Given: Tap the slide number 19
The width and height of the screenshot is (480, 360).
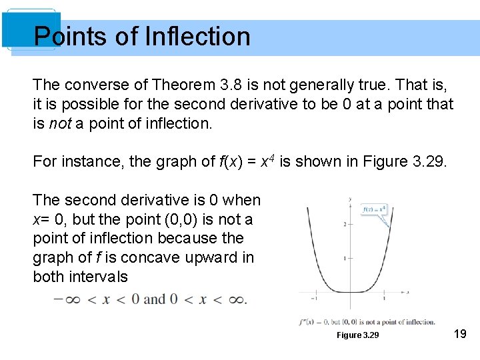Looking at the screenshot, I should (460, 333).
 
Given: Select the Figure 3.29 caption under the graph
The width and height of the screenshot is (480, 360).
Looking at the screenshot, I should (357, 335).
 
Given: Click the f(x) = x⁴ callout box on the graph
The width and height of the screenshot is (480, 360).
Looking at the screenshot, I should (375, 209).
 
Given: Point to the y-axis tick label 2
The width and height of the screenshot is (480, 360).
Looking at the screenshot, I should (345, 225).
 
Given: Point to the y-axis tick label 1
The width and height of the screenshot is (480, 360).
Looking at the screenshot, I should (345, 258).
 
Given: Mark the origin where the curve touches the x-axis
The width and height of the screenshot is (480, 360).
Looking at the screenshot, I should (350, 291).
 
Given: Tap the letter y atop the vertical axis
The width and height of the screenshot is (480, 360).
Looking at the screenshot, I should (350, 198).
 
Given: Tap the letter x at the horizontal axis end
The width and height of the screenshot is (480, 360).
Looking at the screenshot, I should (408, 292).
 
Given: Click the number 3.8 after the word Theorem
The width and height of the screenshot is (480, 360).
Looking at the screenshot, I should (231, 85).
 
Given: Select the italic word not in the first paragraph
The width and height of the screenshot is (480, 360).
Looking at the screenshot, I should (61, 123).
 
